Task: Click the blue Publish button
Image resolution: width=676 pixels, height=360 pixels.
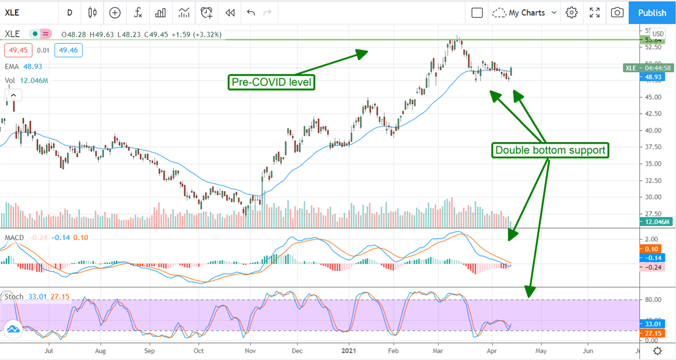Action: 652,12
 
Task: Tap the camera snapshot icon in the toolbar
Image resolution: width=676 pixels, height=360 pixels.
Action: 617,12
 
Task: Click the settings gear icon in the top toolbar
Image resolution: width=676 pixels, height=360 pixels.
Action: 572,12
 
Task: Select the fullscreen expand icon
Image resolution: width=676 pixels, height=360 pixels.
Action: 594,12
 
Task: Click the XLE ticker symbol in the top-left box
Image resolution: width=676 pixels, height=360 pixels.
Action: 23,12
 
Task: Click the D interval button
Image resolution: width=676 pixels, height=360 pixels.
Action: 69,12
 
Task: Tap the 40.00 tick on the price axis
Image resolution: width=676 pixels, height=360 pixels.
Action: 652,130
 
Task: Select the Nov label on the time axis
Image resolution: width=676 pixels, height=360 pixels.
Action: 249,349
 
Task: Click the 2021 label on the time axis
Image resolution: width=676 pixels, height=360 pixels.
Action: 349,349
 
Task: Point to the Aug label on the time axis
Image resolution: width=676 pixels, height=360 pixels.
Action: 101,349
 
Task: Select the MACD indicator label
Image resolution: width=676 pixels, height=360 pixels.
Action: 14,238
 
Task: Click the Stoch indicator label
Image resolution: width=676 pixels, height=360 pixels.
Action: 14,296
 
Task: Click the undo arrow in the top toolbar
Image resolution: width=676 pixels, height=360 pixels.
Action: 251,12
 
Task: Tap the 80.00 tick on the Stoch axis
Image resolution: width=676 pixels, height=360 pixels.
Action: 652,300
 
